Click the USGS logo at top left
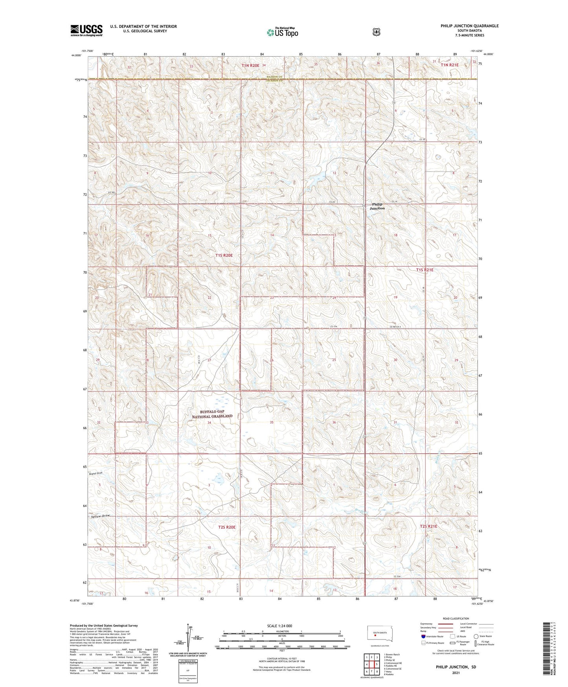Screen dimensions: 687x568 click(x=86, y=30)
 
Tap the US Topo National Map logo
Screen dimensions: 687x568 click(x=282, y=32)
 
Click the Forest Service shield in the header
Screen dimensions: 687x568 click(x=376, y=32)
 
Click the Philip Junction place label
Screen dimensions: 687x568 click(x=377, y=206)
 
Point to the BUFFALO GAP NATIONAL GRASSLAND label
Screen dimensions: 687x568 click(x=212, y=414)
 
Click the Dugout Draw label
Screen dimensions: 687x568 click(x=96, y=473)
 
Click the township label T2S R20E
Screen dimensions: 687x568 click(x=227, y=527)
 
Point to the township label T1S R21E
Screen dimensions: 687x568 click(x=425, y=270)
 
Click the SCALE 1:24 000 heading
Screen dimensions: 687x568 click(x=279, y=626)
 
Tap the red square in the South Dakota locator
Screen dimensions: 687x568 click(x=375, y=634)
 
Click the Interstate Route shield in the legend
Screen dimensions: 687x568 click(x=423, y=636)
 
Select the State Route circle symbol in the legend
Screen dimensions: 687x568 click(x=476, y=636)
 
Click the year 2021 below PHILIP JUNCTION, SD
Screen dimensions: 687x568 click(x=455, y=673)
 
